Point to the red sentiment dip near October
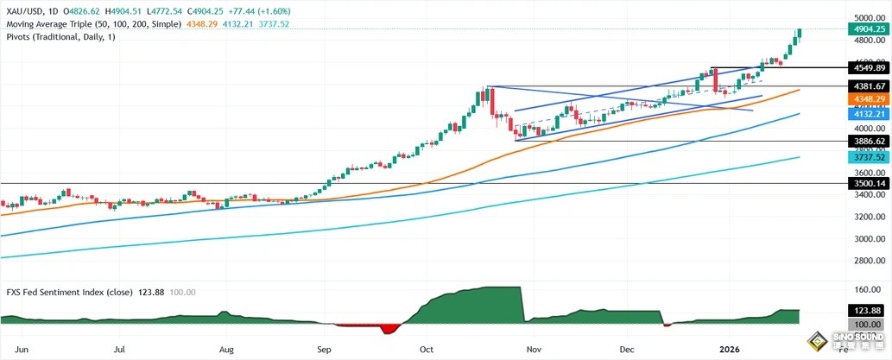389,329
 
